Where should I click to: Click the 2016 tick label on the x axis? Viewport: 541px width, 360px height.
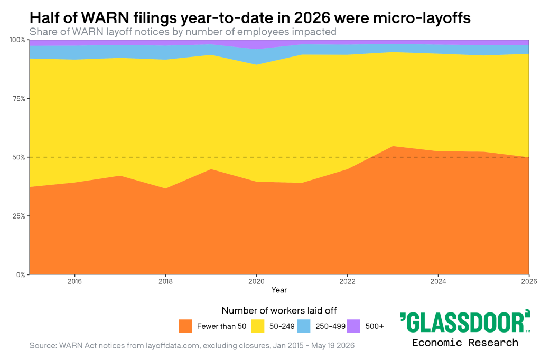tap(74, 281)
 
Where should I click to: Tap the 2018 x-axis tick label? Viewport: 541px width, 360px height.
tap(165, 281)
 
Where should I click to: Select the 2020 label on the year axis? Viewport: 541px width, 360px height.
tap(256, 281)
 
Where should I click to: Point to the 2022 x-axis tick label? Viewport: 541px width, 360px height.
tap(347, 281)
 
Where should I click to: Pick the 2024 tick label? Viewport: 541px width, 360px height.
tap(438, 281)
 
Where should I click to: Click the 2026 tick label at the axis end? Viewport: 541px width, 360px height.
tap(529, 281)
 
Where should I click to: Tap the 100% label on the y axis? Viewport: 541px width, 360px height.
tap(17, 40)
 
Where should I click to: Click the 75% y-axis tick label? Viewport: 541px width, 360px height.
tap(18, 99)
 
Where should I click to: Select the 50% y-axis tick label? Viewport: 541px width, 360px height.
tap(18, 157)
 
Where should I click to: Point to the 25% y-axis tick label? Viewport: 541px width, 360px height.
tap(18, 216)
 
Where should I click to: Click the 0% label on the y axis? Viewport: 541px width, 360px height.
tap(21, 275)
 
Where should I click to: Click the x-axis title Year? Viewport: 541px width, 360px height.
tap(279, 290)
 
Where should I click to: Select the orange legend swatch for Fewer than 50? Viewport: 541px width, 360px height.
tap(185, 326)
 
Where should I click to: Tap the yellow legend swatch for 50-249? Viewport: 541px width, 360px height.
tap(258, 326)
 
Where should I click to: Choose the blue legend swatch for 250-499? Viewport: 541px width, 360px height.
tap(304, 326)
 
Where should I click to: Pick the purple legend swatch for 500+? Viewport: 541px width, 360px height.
tap(353, 326)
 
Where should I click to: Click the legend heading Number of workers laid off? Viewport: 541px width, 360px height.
tap(279, 311)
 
